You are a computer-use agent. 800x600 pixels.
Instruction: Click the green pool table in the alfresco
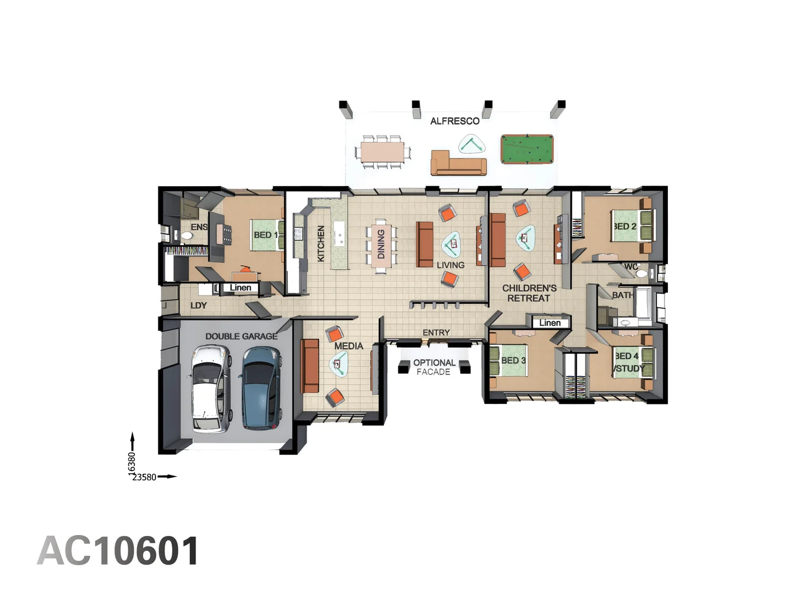click(527, 149)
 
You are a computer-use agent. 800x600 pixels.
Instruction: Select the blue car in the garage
click(261, 388)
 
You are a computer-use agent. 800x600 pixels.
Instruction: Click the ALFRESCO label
click(454, 121)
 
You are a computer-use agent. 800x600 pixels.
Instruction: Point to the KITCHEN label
click(321, 243)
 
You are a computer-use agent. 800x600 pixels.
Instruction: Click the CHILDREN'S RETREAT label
click(529, 293)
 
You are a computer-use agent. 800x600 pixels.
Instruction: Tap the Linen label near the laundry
click(241, 288)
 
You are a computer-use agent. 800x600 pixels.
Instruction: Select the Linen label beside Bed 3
click(549, 323)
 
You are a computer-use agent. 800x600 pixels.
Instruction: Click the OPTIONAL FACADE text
click(434, 367)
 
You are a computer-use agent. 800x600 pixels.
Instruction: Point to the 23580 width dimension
click(144, 477)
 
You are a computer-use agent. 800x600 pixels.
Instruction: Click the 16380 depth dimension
click(132, 463)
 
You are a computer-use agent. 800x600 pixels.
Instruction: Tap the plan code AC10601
click(118, 552)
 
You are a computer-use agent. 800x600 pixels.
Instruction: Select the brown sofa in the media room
click(309, 366)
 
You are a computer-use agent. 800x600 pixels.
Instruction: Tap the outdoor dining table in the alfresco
click(382, 152)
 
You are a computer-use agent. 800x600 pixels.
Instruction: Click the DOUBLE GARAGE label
click(241, 336)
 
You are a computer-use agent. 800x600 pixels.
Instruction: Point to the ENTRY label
click(436, 333)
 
